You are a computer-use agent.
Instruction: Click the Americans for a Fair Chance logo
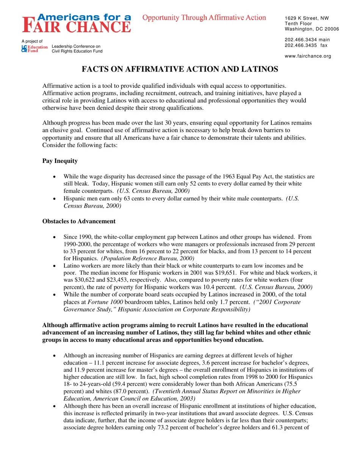77,23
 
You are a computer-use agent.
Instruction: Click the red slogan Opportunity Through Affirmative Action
204,18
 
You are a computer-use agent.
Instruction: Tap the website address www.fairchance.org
308,56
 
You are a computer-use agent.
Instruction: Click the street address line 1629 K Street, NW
307,18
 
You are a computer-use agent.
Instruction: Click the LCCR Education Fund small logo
34,48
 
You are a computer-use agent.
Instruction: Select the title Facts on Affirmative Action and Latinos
180,69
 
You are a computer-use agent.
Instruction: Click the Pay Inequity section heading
60,161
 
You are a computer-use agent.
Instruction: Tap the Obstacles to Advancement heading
79,221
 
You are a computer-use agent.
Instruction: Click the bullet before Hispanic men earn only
55,199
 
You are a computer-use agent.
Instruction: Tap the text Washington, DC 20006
312,29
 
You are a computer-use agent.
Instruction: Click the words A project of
32,41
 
